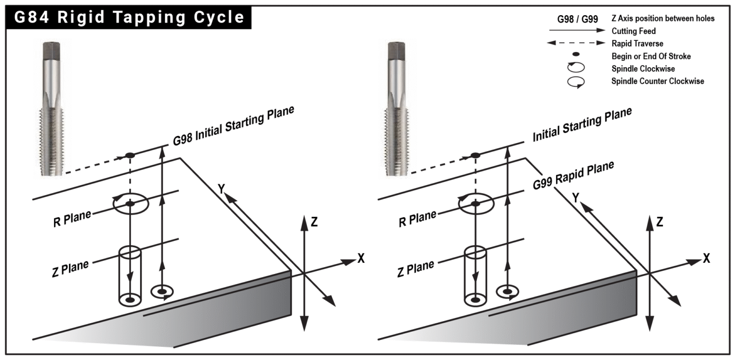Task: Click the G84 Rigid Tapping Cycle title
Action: click(x=129, y=17)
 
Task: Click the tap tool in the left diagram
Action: click(x=52, y=105)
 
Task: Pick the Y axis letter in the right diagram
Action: click(x=575, y=197)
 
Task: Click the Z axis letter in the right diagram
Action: click(x=659, y=222)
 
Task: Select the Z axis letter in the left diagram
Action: click(x=314, y=222)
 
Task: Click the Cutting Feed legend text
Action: click(x=634, y=31)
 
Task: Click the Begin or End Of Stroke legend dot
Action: click(x=576, y=55)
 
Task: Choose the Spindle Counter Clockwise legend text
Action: click(x=658, y=81)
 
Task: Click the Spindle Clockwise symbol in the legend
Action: click(x=576, y=68)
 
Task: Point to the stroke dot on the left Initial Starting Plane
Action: click(x=130, y=155)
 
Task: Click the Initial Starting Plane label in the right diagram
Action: click(x=582, y=125)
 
